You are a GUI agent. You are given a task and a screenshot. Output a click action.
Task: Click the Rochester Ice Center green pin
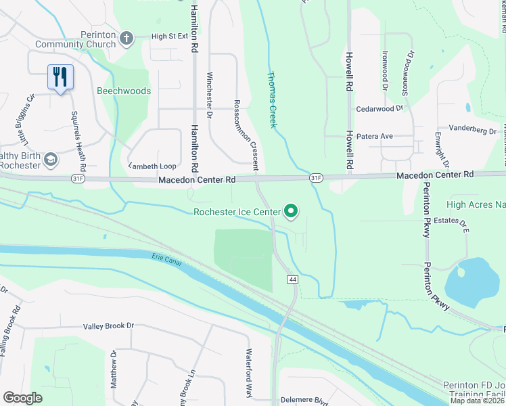(292, 212)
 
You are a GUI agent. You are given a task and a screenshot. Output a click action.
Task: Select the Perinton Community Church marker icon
(127, 39)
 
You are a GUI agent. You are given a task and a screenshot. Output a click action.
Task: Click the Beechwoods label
(124, 91)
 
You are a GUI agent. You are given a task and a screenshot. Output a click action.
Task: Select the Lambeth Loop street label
(152, 165)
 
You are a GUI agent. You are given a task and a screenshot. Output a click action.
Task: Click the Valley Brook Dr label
(108, 325)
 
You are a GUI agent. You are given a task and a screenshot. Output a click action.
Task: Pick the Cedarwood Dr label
(379, 108)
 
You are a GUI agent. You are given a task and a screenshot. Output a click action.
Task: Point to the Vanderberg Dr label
(473, 129)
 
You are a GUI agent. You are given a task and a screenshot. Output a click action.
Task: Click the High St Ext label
(169, 37)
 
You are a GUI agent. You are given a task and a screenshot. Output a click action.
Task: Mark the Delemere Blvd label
(299, 399)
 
